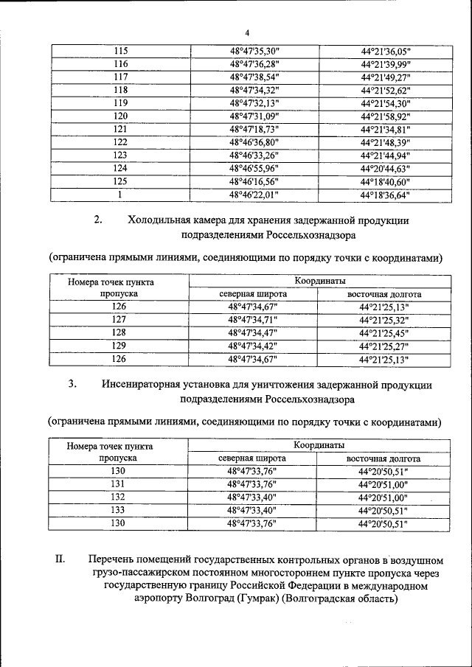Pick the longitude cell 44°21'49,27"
pyautogui.click(x=385, y=77)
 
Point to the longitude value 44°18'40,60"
pyautogui.click(x=385, y=181)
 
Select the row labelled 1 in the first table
pyautogui.click(x=120, y=195)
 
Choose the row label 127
pyautogui.click(x=119, y=320)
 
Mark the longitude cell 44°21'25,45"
pyautogui.click(x=383, y=332)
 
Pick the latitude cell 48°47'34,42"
pyautogui.click(x=253, y=346)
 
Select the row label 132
pyautogui.click(x=119, y=497)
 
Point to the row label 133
pyautogui.click(x=119, y=509)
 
